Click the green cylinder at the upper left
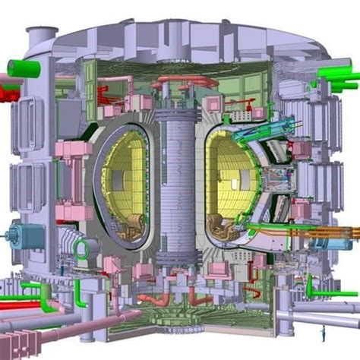[x=23, y=68]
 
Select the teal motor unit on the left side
[x=17, y=238]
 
